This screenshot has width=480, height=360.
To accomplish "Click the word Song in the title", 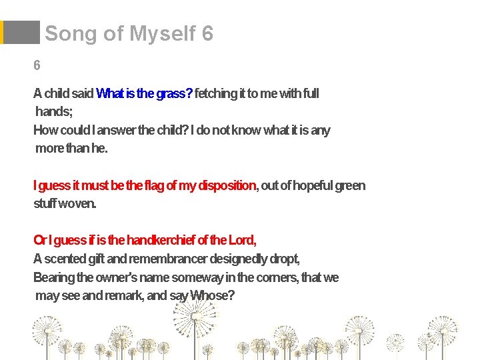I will pyautogui.click(x=70, y=33).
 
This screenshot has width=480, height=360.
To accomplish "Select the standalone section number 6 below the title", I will pyautogui.click(x=37, y=65).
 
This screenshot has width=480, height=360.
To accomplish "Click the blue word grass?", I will pyautogui.click(x=174, y=94).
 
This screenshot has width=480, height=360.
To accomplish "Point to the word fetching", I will pyautogui.click(x=216, y=94).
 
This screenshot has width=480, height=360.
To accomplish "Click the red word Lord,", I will pyautogui.click(x=242, y=240).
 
